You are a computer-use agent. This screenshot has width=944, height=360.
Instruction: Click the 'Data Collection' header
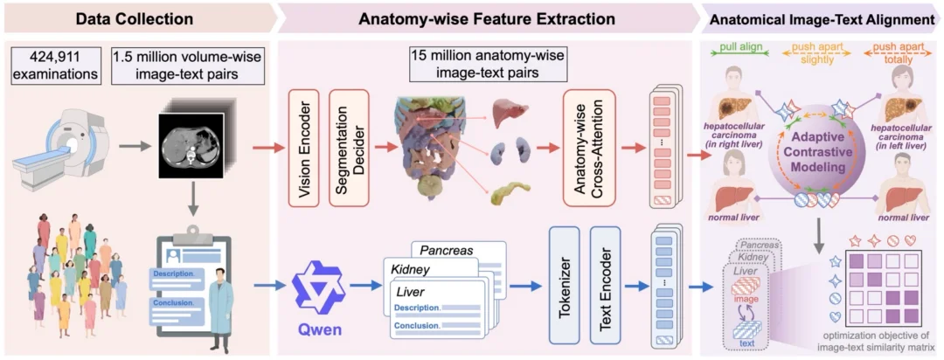[135, 18]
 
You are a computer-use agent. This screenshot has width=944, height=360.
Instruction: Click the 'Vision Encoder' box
[305, 149]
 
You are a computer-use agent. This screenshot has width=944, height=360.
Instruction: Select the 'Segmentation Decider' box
[348, 149]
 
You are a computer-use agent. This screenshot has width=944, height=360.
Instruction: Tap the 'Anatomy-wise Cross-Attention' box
[589, 149]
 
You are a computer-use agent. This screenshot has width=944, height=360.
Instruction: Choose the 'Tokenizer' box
[564, 284]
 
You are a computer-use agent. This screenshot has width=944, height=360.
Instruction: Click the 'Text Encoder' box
[605, 284]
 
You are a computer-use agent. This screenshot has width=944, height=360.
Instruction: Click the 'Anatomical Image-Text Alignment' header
[822, 18]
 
